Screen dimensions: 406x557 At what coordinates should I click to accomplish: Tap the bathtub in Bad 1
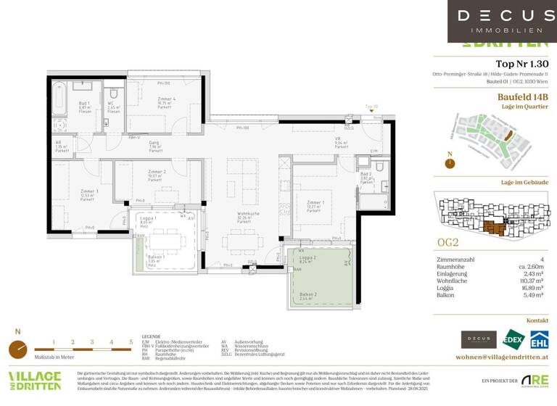coord(59,100)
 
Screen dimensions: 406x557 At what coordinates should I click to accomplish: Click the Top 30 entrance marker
coord(371,107)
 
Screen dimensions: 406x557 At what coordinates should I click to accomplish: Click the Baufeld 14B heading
coord(522,96)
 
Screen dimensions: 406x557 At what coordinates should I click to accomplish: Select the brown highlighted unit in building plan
coord(496,228)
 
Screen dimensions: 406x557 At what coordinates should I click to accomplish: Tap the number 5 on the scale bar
coord(131,341)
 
